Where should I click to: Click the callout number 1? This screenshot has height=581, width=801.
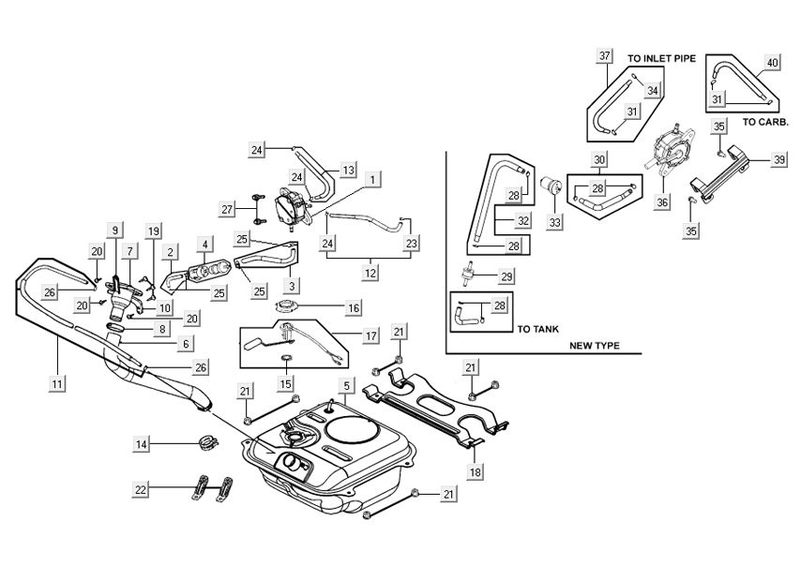(373, 177)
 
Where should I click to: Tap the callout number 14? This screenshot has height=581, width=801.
(142, 443)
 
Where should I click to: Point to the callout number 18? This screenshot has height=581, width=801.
(476, 472)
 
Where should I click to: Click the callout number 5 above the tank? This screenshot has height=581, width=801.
(346, 385)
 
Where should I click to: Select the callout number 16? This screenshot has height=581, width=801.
(353, 306)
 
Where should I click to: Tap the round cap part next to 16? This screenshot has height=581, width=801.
(288, 306)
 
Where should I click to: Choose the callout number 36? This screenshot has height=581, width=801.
(662, 201)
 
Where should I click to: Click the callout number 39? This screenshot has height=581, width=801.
(779, 160)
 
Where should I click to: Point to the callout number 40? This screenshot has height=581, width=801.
(772, 63)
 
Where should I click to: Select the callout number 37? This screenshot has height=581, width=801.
(605, 56)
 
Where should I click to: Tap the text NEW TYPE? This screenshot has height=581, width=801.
(595, 346)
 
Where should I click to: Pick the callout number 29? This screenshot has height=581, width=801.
(506, 276)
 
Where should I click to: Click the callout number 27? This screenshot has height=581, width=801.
(226, 209)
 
